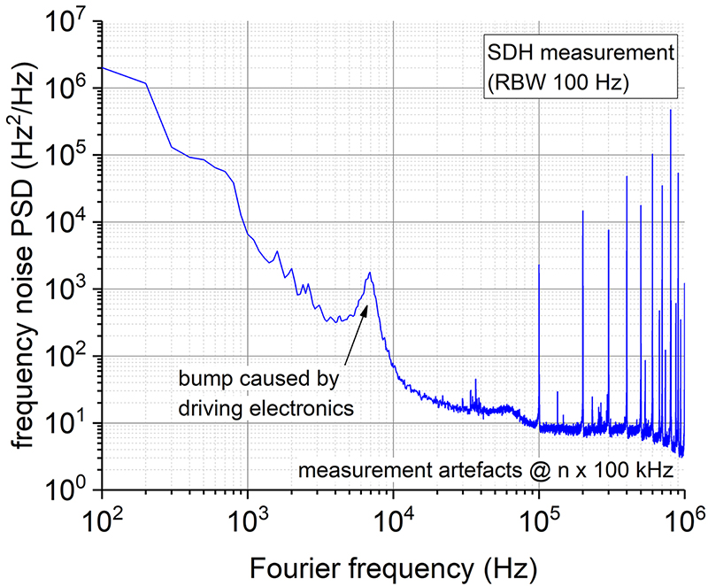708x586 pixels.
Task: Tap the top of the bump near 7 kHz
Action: pyautogui.click(x=370, y=273)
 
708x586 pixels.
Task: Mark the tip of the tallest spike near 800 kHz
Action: pyautogui.click(x=671, y=111)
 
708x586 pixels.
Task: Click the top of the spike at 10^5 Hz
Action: pyautogui.click(x=539, y=265)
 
